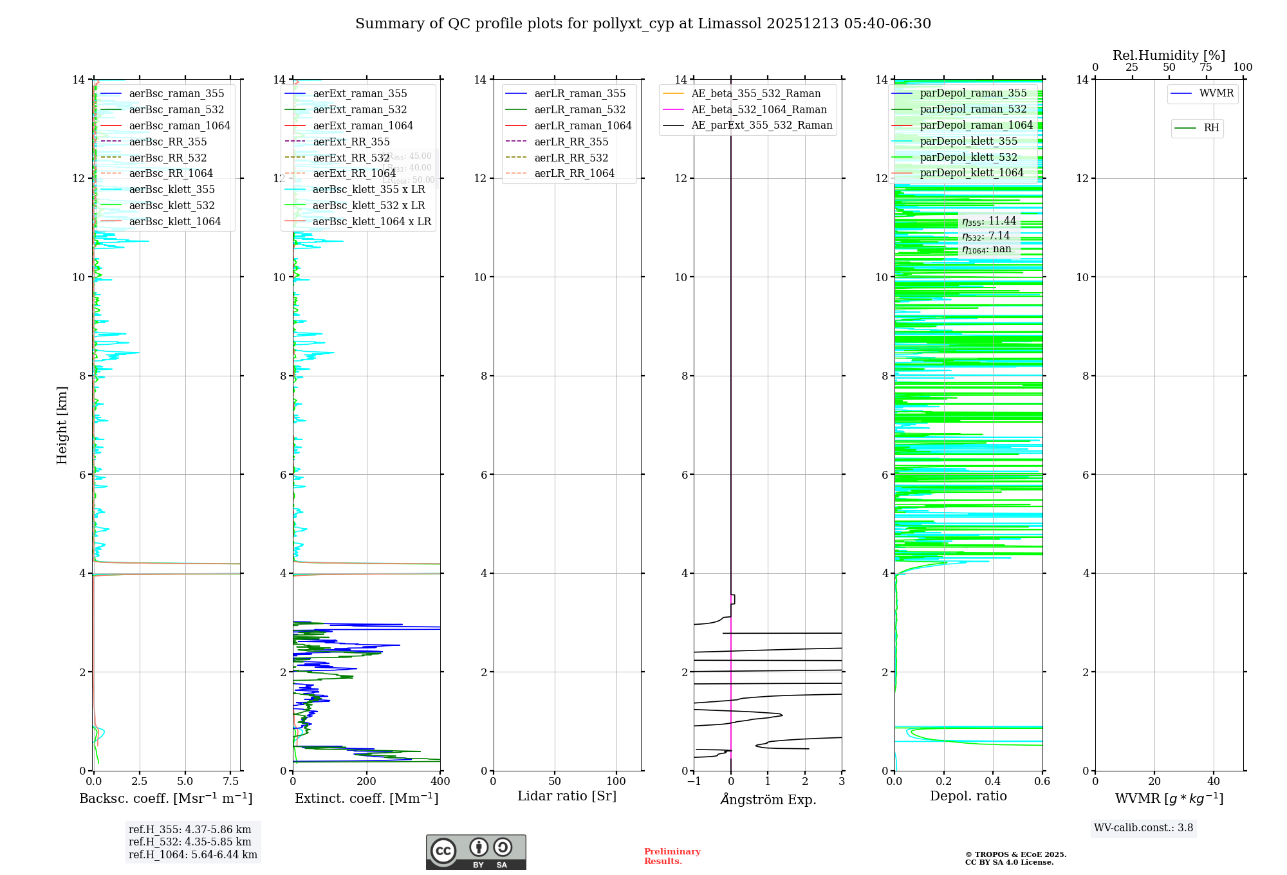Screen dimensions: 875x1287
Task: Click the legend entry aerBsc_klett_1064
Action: tap(174, 221)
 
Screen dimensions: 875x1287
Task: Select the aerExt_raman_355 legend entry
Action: tap(360, 94)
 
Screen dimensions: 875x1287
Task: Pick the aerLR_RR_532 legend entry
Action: tap(571, 158)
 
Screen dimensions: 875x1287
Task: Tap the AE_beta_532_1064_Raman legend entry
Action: tap(759, 110)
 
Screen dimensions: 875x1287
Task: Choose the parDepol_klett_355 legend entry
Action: tap(968, 142)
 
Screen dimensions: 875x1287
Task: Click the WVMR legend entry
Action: tap(1216, 93)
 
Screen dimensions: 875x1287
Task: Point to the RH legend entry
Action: tap(1211, 128)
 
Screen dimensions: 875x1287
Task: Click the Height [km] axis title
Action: tap(62, 425)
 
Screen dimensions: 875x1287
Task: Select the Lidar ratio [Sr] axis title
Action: tap(566, 796)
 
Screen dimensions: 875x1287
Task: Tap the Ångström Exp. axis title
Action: tap(768, 800)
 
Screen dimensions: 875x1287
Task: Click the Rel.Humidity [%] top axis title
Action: tap(1169, 55)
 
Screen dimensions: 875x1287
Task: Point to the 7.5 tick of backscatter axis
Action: tap(231, 782)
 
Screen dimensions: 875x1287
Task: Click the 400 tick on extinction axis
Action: tap(440, 782)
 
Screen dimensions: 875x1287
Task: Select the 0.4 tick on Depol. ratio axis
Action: tap(993, 782)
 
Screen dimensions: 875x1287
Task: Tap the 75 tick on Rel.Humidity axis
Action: tap(1206, 68)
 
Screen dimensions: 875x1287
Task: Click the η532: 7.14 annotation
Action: tap(986, 236)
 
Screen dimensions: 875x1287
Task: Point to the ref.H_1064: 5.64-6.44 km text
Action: tap(192, 855)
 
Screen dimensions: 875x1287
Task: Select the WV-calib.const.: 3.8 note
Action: tap(1143, 828)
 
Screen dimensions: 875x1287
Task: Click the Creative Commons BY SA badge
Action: tap(476, 852)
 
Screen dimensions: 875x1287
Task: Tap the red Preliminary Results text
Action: tap(672, 856)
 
